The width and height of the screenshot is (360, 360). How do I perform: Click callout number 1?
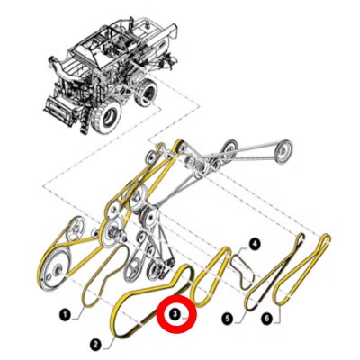coord(65,315)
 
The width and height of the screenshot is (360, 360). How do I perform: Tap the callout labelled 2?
coord(96,342)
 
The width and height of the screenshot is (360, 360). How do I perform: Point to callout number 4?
coord(255,243)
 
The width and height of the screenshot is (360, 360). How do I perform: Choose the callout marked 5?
coord(229,317)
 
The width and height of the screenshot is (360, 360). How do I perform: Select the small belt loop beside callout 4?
coord(242,266)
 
